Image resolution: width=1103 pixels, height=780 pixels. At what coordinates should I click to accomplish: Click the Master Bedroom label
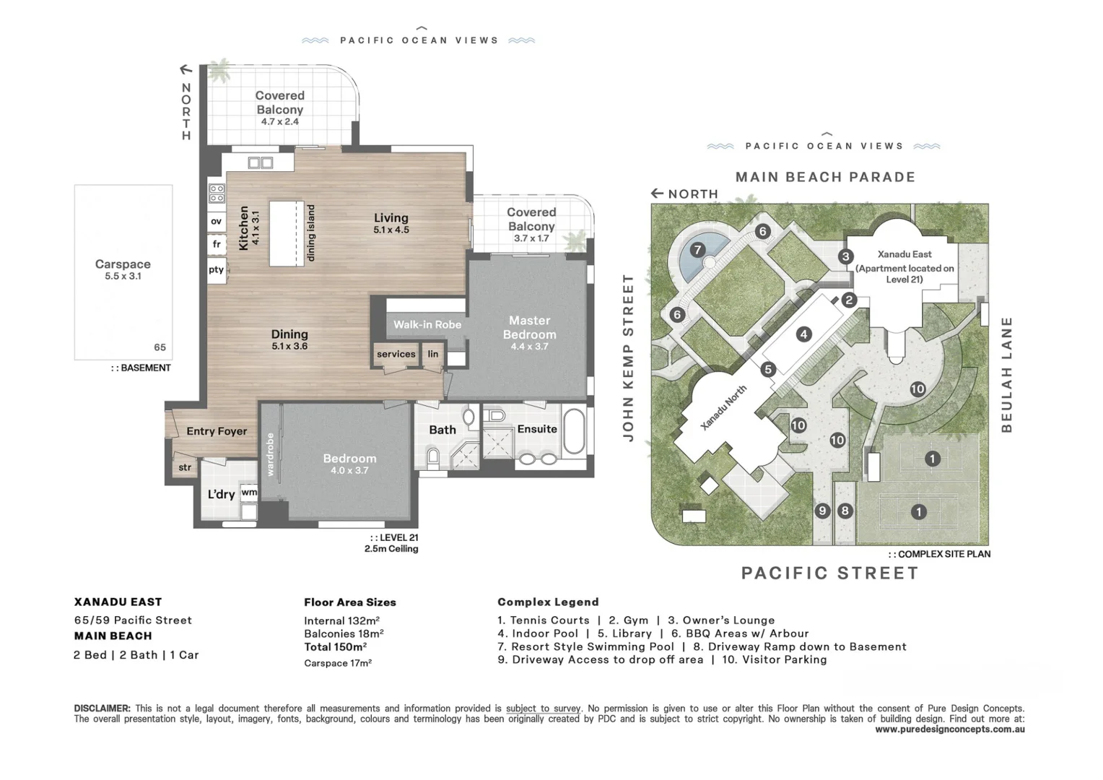(x=529, y=328)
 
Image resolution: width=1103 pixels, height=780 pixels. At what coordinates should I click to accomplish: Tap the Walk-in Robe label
(x=427, y=325)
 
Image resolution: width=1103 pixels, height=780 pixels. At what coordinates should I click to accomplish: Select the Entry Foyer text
(x=217, y=431)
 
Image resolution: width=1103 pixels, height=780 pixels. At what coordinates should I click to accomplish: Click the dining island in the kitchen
(x=287, y=233)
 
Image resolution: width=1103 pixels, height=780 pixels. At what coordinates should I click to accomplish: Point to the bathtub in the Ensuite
(x=574, y=433)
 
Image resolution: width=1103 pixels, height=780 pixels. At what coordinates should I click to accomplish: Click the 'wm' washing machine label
(x=249, y=493)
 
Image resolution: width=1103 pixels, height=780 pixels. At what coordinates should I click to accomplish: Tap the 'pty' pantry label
(x=216, y=270)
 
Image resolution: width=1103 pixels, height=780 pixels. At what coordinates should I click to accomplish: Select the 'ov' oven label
(x=216, y=222)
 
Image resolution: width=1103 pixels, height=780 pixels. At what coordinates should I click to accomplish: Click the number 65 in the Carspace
(x=160, y=347)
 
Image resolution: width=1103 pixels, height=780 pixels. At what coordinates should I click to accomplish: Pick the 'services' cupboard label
(x=396, y=354)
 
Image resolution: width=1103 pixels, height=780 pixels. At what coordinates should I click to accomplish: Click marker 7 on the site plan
(x=697, y=250)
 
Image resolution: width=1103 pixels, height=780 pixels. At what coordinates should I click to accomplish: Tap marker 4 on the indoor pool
(x=803, y=334)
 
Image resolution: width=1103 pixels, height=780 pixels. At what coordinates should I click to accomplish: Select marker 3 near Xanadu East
(x=845, y=256)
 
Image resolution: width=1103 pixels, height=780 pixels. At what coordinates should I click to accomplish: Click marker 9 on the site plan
(x=822, y=511)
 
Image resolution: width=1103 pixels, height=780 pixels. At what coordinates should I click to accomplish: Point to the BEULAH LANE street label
(x=1006, y=375)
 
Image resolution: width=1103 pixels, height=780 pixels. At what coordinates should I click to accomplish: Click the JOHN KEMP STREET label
(x=628, y=357)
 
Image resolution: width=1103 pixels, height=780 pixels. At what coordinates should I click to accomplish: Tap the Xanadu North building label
(x=723, y=408)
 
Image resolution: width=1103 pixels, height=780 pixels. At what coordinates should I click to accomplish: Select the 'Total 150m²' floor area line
(x=335, y=647)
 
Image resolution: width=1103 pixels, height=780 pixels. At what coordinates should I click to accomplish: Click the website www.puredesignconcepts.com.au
(x=949, y=729)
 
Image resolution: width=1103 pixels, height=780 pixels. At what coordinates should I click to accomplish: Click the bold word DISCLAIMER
(x=102, y=708)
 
